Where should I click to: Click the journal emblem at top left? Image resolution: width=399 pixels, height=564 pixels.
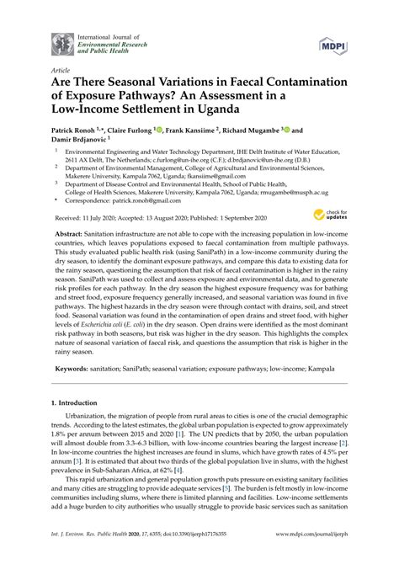(62, 42)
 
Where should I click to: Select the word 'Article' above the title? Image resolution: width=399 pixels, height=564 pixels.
(61, 72)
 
